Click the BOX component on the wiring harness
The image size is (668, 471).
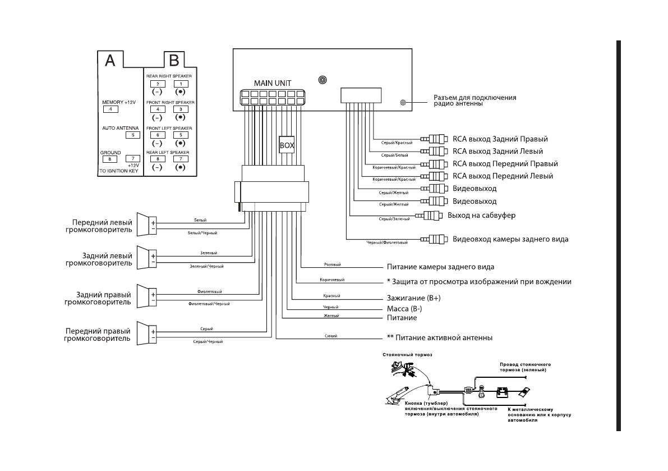pyautogui.click(x=287, y=144)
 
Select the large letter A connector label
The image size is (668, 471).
pyautogui.click(x=110, y=61)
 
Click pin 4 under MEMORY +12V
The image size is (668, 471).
pyautogui.click(x=110, y=109)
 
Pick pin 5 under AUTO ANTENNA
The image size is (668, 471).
pyautogui.click(x=133, y=135)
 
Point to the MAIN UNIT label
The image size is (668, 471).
pyautogui.click(x=273, y=83)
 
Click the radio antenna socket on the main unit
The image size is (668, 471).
pyautogui.click(x=403, y=103)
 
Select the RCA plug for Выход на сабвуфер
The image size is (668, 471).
pyautogui.click(x=430, y=215)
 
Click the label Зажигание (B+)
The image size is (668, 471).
pyautogui.click(x=413, y=298)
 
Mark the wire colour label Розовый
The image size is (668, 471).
pyautogui.click(x=333, y=264)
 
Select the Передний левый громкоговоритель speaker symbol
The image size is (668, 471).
pyautogui.click(x=146, y=226)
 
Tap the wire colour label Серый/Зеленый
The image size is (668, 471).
pyautogui.click(x=390, y=219)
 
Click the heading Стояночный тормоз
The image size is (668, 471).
pyautogui.click(x=407, y=355)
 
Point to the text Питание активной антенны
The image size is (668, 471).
pyautogui.click(x=444, y=338)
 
